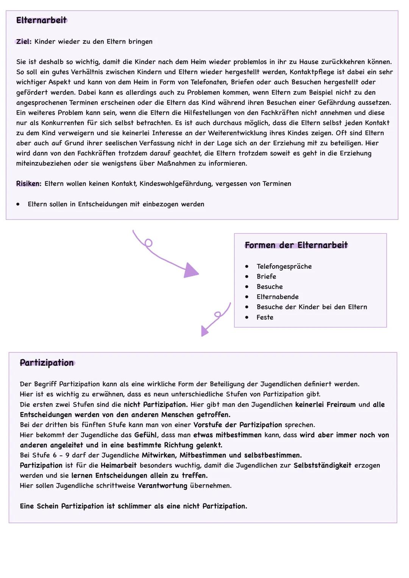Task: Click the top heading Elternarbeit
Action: click(x=41, y=20)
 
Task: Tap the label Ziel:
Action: click(x=23, y=42)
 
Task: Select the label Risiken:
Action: click(x=28, y=184)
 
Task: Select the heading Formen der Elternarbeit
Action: click(x=296, y=245)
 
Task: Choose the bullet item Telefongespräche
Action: click(x=284, y=266)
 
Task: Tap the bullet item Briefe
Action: click(x=266, y=277)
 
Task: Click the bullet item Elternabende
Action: click(x=277, y=297)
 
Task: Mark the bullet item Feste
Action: click(x=265, y=318)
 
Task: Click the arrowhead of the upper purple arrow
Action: click(x=191, y=271)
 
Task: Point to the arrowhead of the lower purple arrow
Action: click(x=204, y=331)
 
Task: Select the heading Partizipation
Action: click(x=47, y=363)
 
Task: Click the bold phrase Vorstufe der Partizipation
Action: click(x=237, y=425)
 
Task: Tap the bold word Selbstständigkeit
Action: click(x=322, y=466)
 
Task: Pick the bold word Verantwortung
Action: click(x=162, y=486)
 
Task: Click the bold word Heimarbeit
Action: click(x=118, y=466)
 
